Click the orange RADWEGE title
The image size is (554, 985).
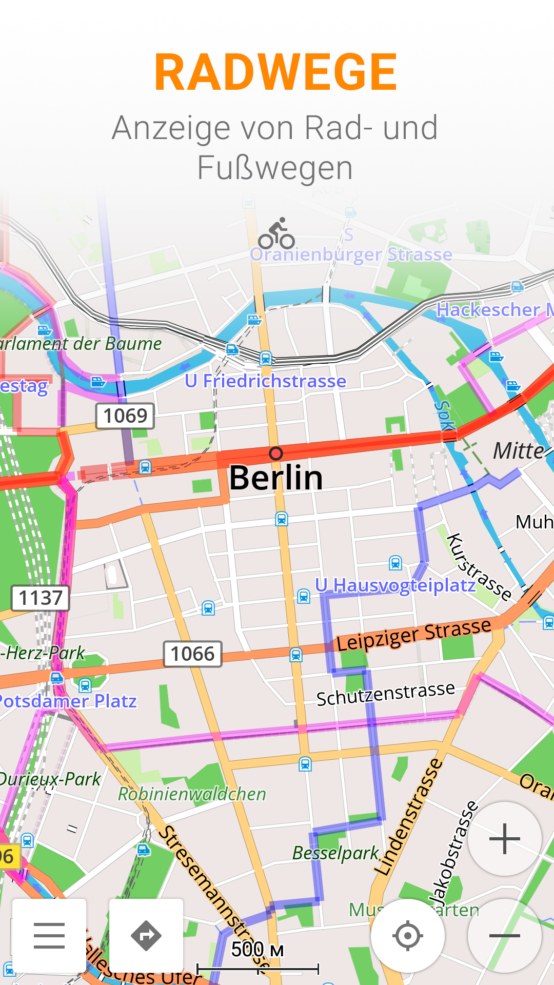(x=276, y=72)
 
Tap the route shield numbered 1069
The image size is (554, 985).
(x=125, y=416)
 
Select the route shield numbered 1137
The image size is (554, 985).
(x=41, y=598)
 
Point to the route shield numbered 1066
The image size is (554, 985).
(x=192, y=654)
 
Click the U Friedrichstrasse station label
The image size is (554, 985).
(x=266, y=381)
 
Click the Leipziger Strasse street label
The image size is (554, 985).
(x=413, y=635)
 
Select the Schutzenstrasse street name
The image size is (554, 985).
(x=385, y=694)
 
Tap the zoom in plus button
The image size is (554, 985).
(x=505, y=839)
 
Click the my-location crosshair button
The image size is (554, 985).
(x=408, y=935)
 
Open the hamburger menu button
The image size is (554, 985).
(x=49, y=935)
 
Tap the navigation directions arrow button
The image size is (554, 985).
(x=146, y=935)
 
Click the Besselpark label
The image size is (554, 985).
(x=335, y=853)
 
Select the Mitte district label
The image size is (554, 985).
(x=518, y=451)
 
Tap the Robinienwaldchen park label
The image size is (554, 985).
(x=192, y=794)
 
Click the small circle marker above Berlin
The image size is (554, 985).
(x=276, y=453)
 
